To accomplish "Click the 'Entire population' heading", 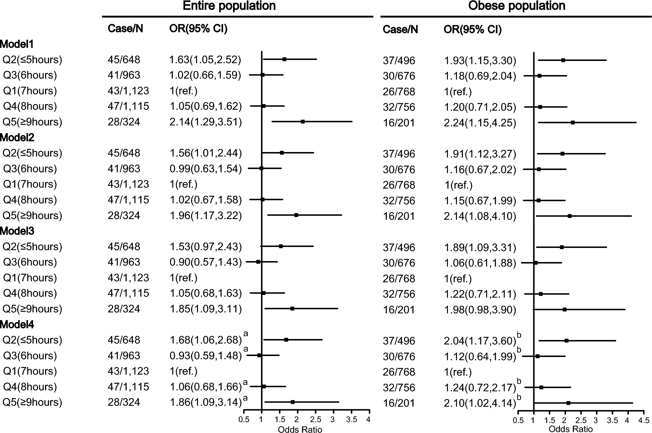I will (x=229, y=6).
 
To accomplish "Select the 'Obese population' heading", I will (x=517, y=6).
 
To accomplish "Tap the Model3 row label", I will (x=17, y=231).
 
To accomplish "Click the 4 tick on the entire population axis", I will (x=368, y=420).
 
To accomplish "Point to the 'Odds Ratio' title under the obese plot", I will (x=571, y=429).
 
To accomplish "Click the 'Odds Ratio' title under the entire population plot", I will (x=300, y=429).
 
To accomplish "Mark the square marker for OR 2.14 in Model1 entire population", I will (x=303, y=122).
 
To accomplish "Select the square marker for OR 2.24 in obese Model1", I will (x=573, y=123).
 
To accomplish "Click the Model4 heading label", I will (x=17, y=325).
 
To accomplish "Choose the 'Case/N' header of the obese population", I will (x=400, y=30).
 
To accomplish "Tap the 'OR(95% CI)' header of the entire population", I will (x=198, y=29).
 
